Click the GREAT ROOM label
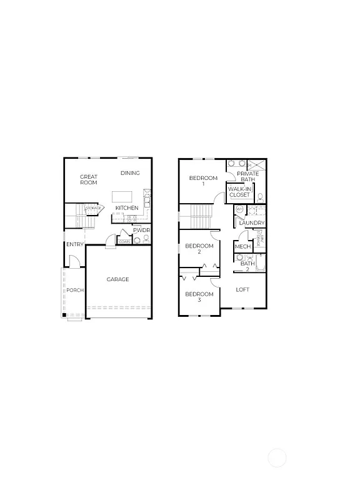[89, 180]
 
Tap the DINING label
[130, 173]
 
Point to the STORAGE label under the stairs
[94, 208]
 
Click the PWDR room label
[142, 230]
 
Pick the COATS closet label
[124, 241]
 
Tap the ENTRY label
[75, 244]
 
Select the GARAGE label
[117, 279]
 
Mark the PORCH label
[76, 290]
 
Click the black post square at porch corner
[64, 314]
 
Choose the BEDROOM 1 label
[203, 181]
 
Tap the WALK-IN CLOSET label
[239, 191]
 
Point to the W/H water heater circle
[239, 209]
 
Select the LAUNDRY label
[252, 223]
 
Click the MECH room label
[242, 247]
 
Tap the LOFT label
[242, 289]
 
